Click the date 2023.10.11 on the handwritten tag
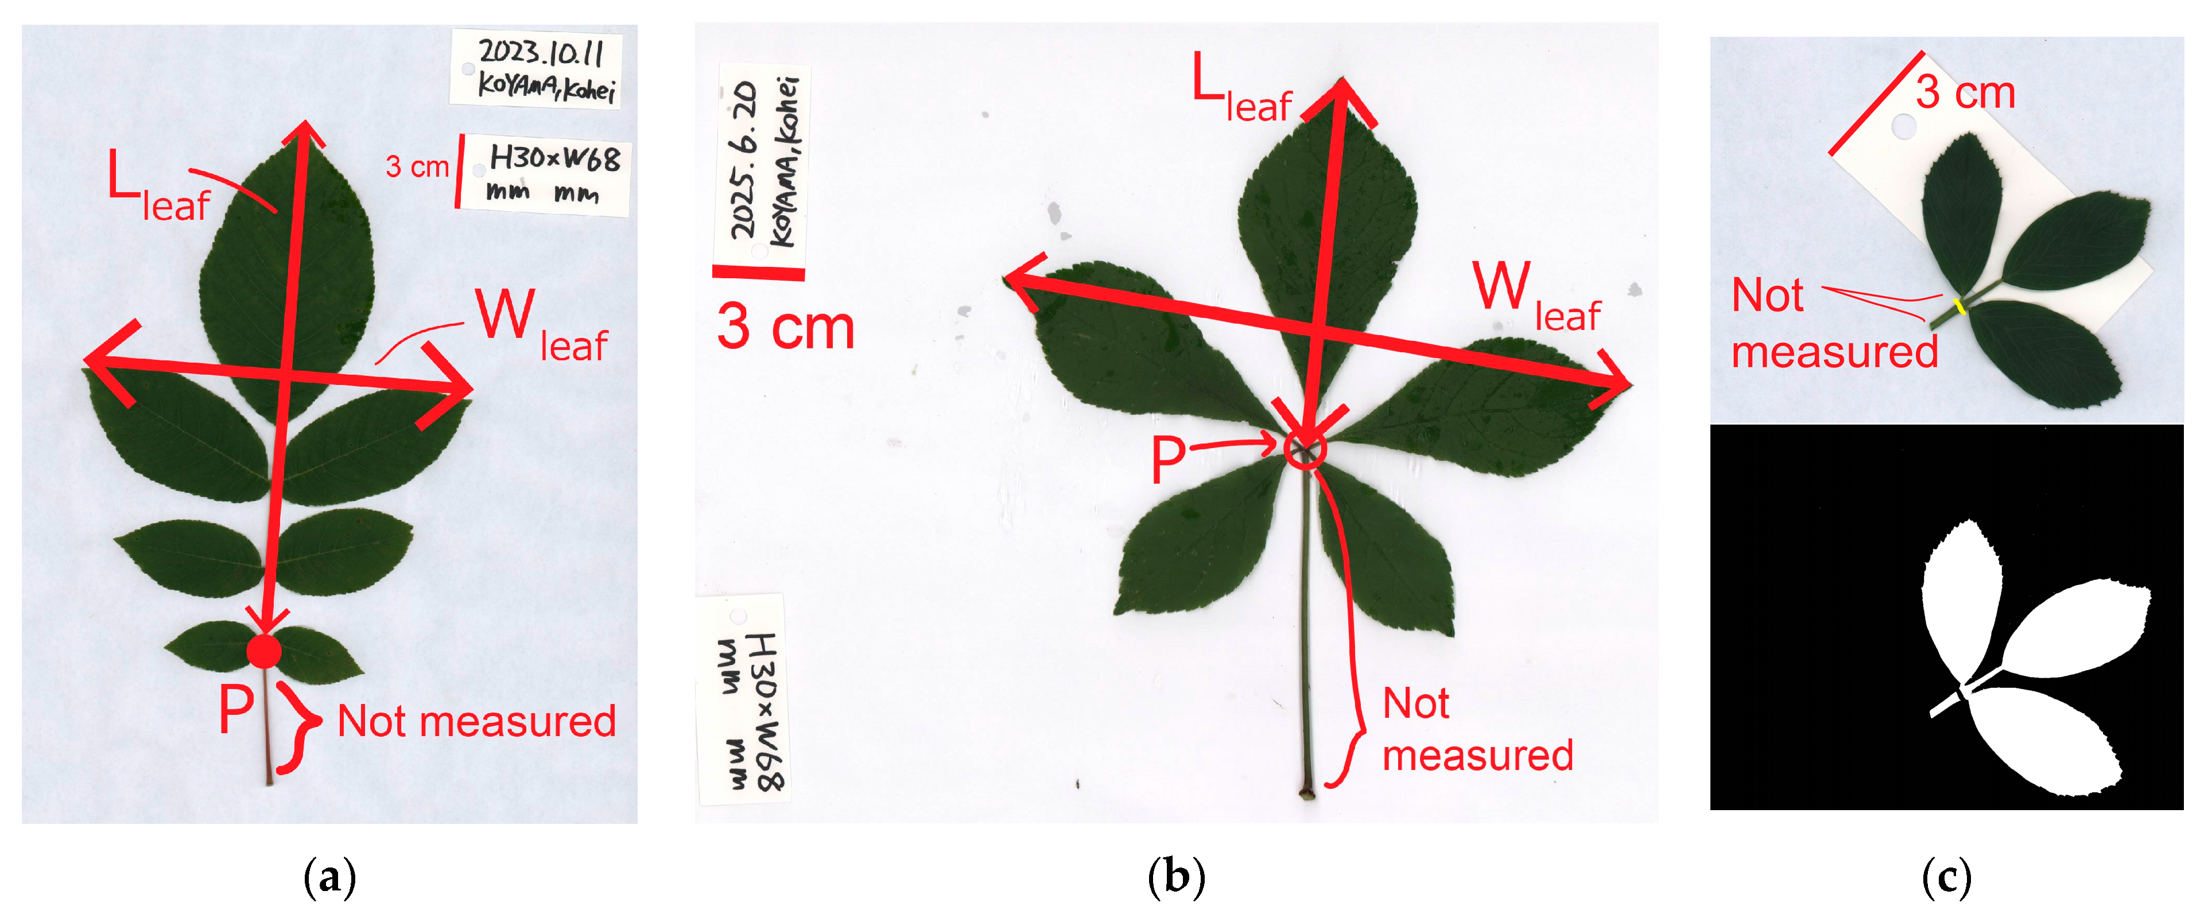click(x=541, y=53)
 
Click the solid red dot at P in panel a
click(x=264, y=651)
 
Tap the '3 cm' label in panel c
click(x=1965, y=92)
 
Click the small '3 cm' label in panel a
click(x=417, y=166)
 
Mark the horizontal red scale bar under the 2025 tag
click(x=759, y=273)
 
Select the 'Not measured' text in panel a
click(x=476, y=721)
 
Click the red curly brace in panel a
click(x=296, y=727)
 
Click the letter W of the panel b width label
click(x=1501, y=286)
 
